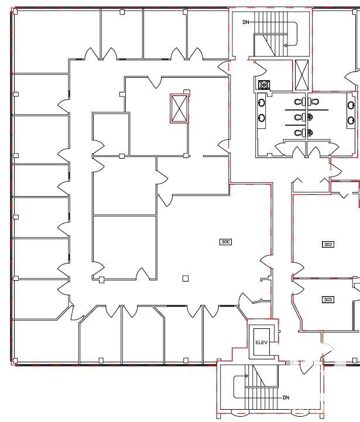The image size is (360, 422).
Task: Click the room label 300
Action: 225,242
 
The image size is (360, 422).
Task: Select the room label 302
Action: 328,244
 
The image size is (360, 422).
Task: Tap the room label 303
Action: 328,299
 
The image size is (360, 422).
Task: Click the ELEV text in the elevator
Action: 262,342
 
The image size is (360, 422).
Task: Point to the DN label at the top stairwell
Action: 246,22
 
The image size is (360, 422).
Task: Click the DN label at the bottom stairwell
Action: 286,397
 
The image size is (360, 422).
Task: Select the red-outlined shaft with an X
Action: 179,108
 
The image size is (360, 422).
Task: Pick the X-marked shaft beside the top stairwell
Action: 301,75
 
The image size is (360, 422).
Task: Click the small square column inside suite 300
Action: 186,278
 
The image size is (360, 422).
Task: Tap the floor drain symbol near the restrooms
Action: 264,85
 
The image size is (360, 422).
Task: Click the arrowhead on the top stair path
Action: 286,46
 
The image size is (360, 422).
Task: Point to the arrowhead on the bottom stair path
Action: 246,376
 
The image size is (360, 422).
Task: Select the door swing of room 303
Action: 298,287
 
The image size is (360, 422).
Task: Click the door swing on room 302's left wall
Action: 298,269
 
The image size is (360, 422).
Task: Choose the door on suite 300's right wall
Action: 266,262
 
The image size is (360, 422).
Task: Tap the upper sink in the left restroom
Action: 262,102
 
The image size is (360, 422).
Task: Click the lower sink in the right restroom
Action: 351,121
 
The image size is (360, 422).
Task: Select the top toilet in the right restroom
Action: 314,102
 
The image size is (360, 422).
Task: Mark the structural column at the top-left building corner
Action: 15,11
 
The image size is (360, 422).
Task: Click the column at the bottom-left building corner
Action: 15,361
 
